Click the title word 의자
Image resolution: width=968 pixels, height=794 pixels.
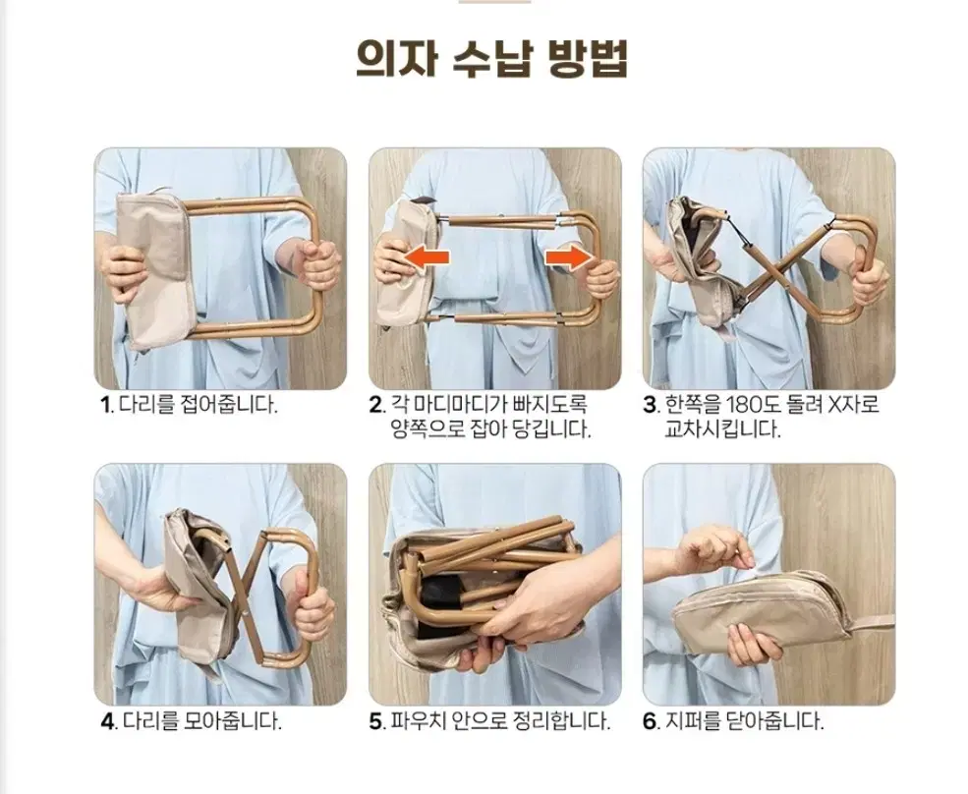396,59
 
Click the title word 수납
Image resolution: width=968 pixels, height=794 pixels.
492,59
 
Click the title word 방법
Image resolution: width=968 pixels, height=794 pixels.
588,59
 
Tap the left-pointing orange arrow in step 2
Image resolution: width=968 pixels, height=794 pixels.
424,256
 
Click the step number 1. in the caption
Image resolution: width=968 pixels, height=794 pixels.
107,406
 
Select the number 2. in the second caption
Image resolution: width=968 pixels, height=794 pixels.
377,406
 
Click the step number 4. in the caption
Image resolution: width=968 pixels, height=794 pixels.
109,721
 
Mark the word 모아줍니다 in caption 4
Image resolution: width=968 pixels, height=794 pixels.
233,721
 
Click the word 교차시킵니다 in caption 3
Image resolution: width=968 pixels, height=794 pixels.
722,429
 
